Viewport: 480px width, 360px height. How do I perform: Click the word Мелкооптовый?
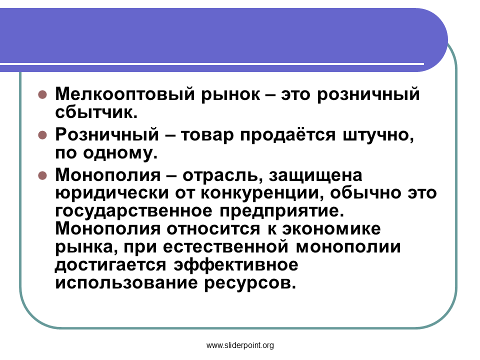[124, 94]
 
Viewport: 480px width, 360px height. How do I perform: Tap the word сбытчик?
[96, 112]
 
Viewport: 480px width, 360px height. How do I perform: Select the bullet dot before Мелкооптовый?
[42, 94]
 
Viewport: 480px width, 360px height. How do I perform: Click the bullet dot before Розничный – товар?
[42, 135]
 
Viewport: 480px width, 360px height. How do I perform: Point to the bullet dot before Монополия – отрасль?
[42, 175]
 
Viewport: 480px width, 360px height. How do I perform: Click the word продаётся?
[287, 134]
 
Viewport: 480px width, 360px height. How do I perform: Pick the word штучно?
[378, 135]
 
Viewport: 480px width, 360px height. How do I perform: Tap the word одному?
[120, 153]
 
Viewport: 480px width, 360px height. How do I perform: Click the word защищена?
[315, 175]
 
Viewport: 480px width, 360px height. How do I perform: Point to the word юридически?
[112, 193]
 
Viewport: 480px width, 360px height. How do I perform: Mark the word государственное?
[134, 211]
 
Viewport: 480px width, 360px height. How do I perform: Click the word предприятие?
[281, 211]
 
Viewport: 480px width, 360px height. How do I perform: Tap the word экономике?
[331, 229]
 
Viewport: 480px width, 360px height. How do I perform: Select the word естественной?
[225, 247]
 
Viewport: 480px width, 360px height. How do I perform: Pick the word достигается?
[110, 265]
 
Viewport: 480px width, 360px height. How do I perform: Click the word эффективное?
[235, 265]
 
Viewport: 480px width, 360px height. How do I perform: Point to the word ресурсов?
[250, 283]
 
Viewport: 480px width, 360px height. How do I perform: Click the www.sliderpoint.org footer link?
[240, 345]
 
